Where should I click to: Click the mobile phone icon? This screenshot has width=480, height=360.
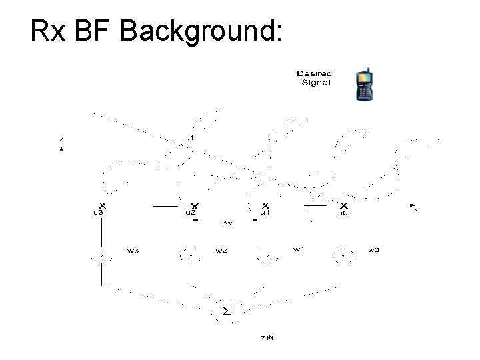[x=364, y=84]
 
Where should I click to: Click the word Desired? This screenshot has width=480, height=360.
[x=314, y=73]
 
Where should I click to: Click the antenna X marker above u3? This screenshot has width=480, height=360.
[x=101, y=205]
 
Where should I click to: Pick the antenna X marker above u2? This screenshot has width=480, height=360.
[x=194, y=205]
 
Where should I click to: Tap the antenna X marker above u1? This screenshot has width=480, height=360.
[x=265, y=205]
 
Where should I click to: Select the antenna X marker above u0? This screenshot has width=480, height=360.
[x=344, y=205]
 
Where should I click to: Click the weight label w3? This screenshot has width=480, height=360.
[x=133, y=251]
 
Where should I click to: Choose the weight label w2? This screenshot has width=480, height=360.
[x=221, y=251]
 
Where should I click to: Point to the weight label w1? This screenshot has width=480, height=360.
[x=299, y=249]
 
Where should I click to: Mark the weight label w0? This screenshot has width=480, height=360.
[x=373, y=250]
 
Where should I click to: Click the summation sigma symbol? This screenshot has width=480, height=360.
[x=226, y=311]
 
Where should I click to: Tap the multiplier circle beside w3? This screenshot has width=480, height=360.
[x=101, y=255]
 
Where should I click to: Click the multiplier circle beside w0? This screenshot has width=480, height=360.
[x=343, y=255]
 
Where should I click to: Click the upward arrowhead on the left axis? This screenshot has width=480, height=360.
[x=61, y=150]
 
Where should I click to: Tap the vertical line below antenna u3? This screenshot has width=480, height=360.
[x=101, y=233]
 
